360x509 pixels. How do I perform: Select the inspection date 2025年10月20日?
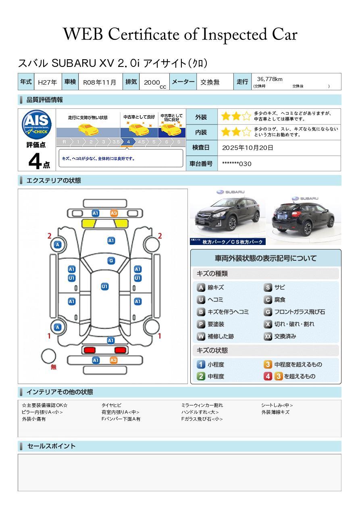pos(248,148)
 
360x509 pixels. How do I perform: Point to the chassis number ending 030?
pos(237,164)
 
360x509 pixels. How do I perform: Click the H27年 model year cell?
pos(47,82)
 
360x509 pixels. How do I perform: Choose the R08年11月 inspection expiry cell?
pos(100,82)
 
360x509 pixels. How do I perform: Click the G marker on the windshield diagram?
pos(111,261)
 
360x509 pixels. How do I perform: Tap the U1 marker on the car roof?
pos(104,287)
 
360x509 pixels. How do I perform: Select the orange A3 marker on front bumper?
pos(114,213)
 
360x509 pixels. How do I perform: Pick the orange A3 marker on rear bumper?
pos(114,360)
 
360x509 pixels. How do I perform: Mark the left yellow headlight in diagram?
pos(89,223)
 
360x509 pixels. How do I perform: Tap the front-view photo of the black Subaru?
pos(227,217)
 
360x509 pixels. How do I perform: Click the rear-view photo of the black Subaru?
pos(304,217)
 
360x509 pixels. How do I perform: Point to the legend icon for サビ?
pos(268,288)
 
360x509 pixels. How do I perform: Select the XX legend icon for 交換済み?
pos(268,336)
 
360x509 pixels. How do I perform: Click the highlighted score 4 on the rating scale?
pos(128,142)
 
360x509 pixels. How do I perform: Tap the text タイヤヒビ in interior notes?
pos(111,405)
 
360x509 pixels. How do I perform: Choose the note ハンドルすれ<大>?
pos(200,412)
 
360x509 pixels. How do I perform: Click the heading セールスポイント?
pos(51,446)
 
